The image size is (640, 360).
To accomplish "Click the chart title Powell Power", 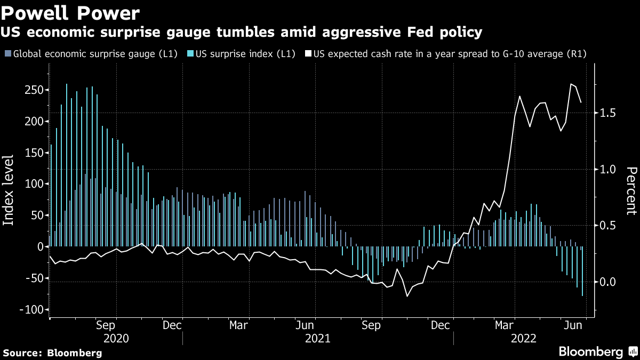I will [x=71, y=12].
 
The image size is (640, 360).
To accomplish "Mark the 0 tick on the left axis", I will [x=39, y=247].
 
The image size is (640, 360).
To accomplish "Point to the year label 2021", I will [x=317, y=338].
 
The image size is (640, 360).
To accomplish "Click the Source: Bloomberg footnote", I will [x=52, y=353].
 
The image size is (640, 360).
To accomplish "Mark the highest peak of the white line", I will [x=571, y=84].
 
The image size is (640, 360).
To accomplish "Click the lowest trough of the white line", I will [x=407, y=297].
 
